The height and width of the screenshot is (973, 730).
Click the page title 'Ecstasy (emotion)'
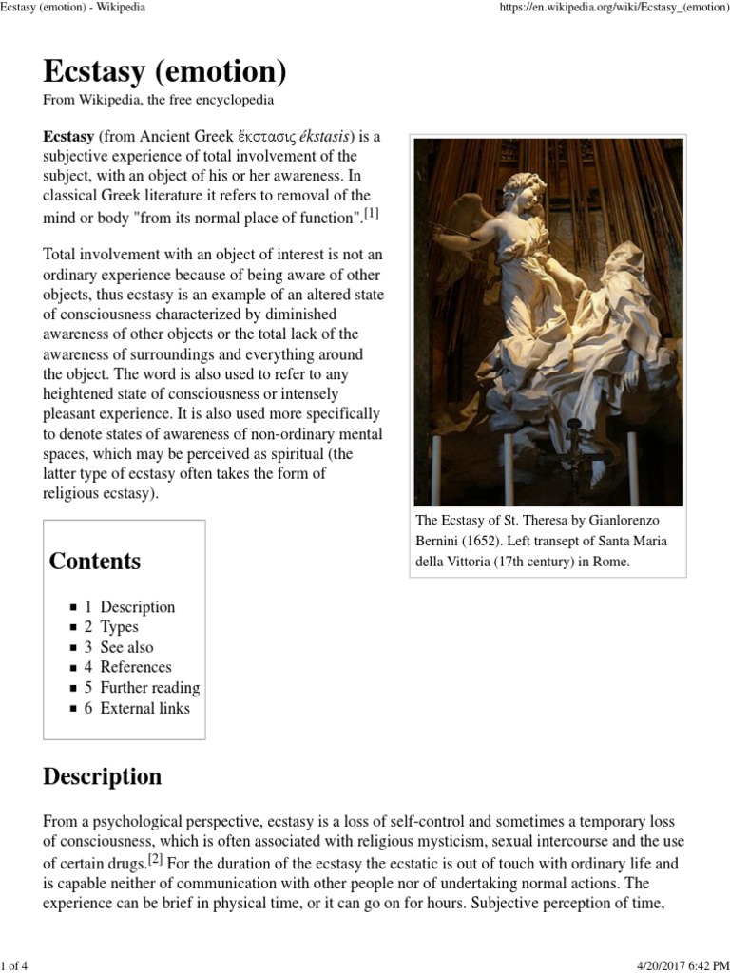164,70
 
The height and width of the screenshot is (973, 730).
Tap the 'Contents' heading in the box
95,561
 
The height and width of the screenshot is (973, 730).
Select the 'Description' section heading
103,776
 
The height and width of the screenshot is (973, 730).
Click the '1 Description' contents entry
129,606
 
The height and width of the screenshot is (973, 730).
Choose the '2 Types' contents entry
111,627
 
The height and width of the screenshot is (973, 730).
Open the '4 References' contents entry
127,667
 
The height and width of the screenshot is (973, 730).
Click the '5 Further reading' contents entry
142,688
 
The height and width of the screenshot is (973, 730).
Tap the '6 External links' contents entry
137,708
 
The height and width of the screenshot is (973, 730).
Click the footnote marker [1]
372,214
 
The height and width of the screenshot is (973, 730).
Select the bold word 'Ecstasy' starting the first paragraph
69,136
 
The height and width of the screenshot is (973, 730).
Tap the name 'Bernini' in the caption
440,541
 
